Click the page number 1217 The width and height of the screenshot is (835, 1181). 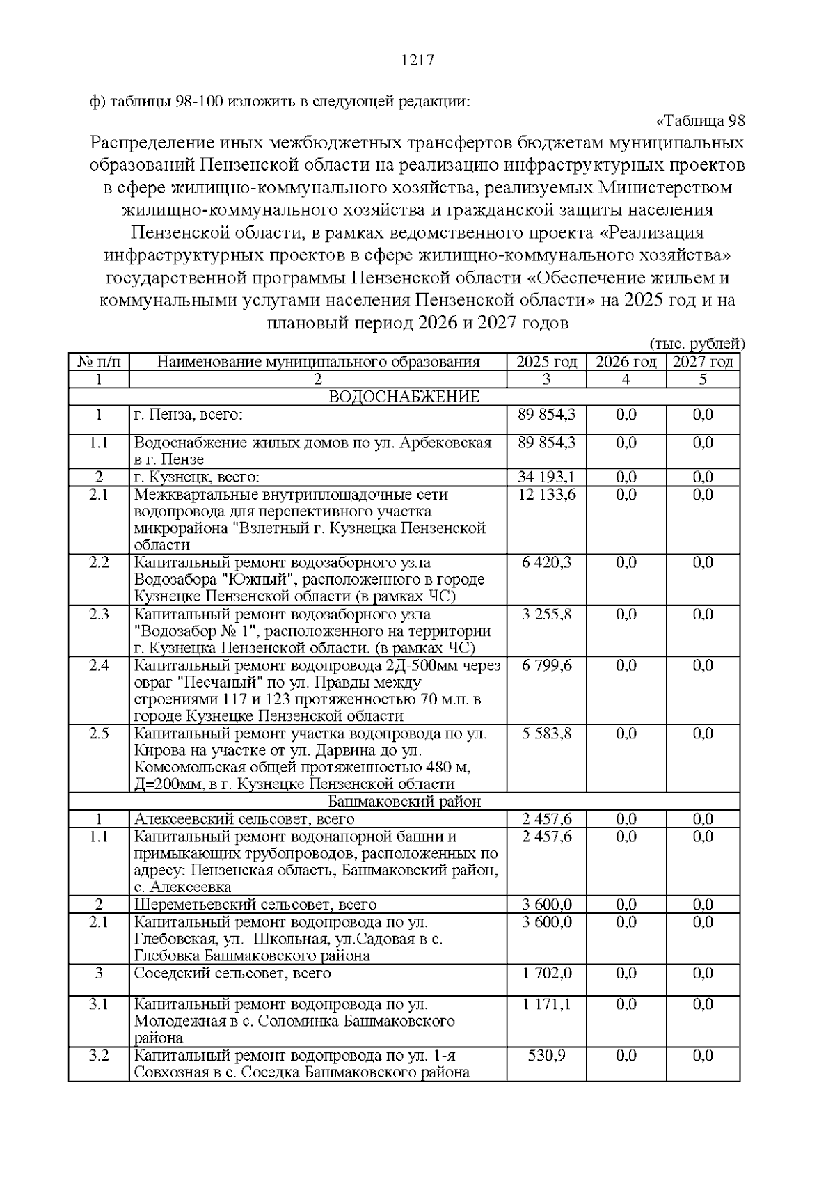click(417, 61)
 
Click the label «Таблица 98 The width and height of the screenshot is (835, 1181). click(701, 121)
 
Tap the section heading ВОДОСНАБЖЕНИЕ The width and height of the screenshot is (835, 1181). click(404, 397)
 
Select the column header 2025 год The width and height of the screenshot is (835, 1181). click(546, 362)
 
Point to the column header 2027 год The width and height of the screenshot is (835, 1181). click(703, 362)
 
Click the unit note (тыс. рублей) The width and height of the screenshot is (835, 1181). click(697, 344)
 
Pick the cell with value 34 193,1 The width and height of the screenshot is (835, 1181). click(546, 477)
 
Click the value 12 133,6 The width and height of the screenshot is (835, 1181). click(546, 494)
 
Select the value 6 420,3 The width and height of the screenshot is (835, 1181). click(546, 562)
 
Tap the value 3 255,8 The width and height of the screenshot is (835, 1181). click(546, 614)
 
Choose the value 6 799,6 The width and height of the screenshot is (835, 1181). click(546, 665)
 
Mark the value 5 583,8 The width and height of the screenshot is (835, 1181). click(546, 734)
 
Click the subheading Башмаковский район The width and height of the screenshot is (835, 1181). click(404, 801)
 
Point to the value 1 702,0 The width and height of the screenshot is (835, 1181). click(546, 973)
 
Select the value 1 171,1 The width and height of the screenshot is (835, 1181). click(546, 1004)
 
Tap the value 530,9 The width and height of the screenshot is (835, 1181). click(546, 1056)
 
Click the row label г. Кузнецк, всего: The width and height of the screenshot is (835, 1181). click(197, 477)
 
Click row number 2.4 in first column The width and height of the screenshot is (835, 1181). click(99, 665)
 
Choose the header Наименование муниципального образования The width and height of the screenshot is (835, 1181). click(318, 362)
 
